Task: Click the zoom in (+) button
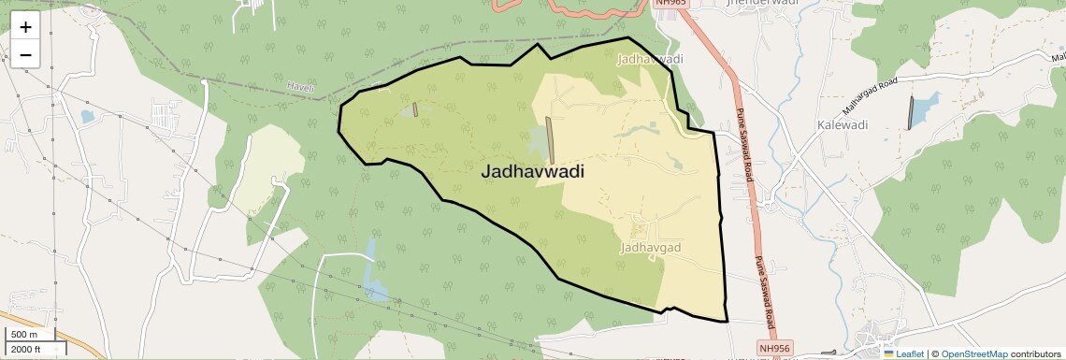click(25, 26)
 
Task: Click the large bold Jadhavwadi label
click(532, 172)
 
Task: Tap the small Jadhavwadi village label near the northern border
click(651, 59)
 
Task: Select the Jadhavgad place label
click(650, 249)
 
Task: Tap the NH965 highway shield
click(670, 3)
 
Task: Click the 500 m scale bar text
click(25, 334)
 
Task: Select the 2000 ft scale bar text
click(26, 349)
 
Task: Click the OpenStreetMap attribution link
click(973, 353)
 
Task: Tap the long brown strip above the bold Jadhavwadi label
click(550, 139)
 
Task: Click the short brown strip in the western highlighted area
click(414, 109)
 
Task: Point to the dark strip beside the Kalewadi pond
click(910, 112)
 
